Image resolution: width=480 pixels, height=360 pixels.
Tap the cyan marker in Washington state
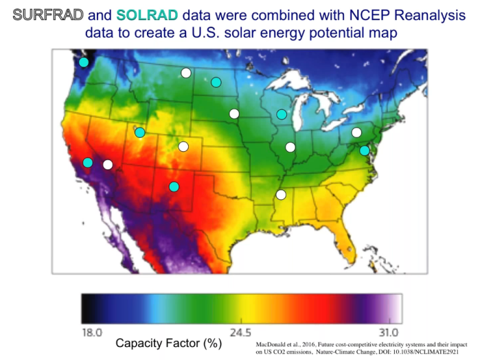(84, 63)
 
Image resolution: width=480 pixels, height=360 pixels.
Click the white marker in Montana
(185, 73)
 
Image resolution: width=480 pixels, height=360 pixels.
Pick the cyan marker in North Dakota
(216, 82)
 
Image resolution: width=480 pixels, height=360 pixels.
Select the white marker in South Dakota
(234, 114)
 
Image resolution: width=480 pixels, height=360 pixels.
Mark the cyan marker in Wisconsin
(282, 114)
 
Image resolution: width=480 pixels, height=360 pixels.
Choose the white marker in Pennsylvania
(356, 133)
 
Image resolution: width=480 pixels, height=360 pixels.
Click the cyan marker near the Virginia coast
(365, 150)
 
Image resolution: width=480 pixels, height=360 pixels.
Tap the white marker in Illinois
(290, 147)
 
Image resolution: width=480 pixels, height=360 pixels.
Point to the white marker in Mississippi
(281, 194)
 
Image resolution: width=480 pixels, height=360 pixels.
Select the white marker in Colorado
(183, 146)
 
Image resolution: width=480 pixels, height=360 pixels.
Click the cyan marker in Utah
(140, 133)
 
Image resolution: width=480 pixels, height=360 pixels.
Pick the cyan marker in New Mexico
(174, 187)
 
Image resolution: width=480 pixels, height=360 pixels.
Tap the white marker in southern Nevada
(108, 164)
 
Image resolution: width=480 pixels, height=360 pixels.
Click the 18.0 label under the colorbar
(92, 333)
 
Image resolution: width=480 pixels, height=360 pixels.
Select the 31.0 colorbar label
(388, 333)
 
